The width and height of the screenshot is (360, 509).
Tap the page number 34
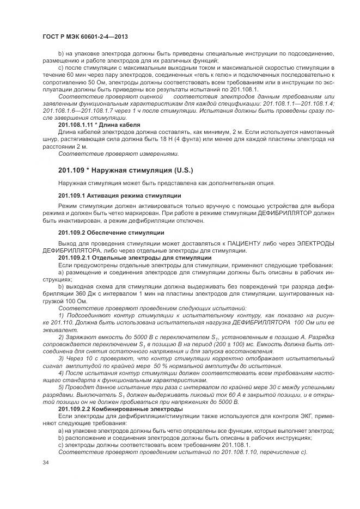click(x=45, y=462)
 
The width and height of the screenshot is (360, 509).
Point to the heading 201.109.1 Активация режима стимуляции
click(x=120, y=195)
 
